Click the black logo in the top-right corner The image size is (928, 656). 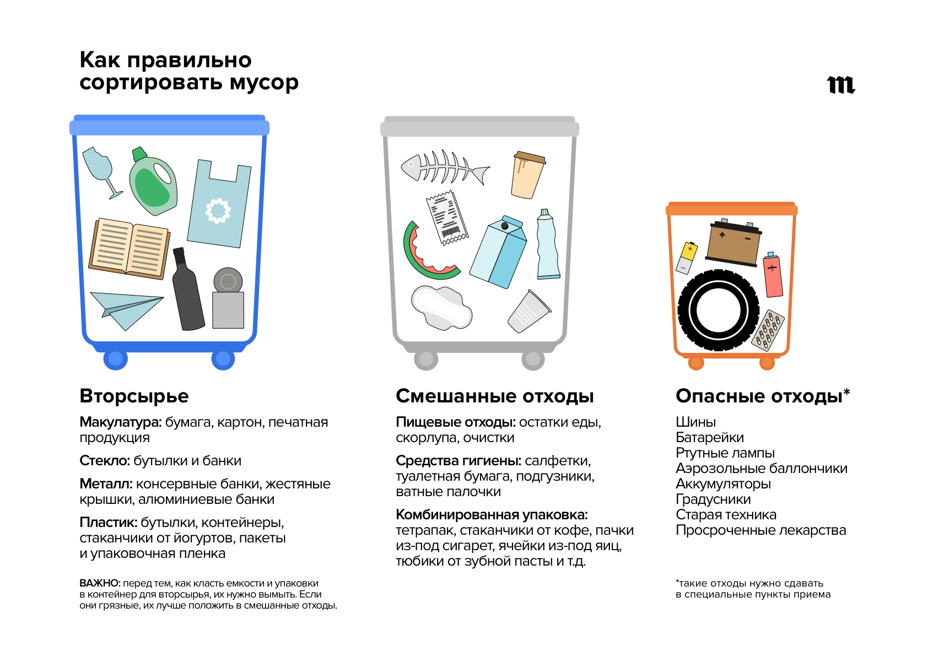[x=841, y=85]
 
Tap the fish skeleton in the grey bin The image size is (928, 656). [x=445, y=168]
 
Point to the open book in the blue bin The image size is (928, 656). [x=130, y=249]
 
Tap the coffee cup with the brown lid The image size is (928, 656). [x=528, y=175]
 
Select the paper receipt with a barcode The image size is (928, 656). [x=447, y=218]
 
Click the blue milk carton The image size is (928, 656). [x=498, y=252]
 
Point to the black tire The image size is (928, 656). [x=718, y=310]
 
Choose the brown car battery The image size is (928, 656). [x=733, y=241]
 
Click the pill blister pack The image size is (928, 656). [x=768, y=330]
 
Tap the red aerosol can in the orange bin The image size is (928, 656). [x=773, y=275]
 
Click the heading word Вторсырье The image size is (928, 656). [x=134, y=396]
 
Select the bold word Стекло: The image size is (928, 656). [x=105, y=460]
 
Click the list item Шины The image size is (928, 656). [x=695, y=422]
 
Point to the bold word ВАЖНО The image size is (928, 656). [x=99, y=583]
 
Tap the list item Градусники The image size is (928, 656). [x=713, y=499]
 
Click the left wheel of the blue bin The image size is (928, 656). [x=116, y=358]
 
